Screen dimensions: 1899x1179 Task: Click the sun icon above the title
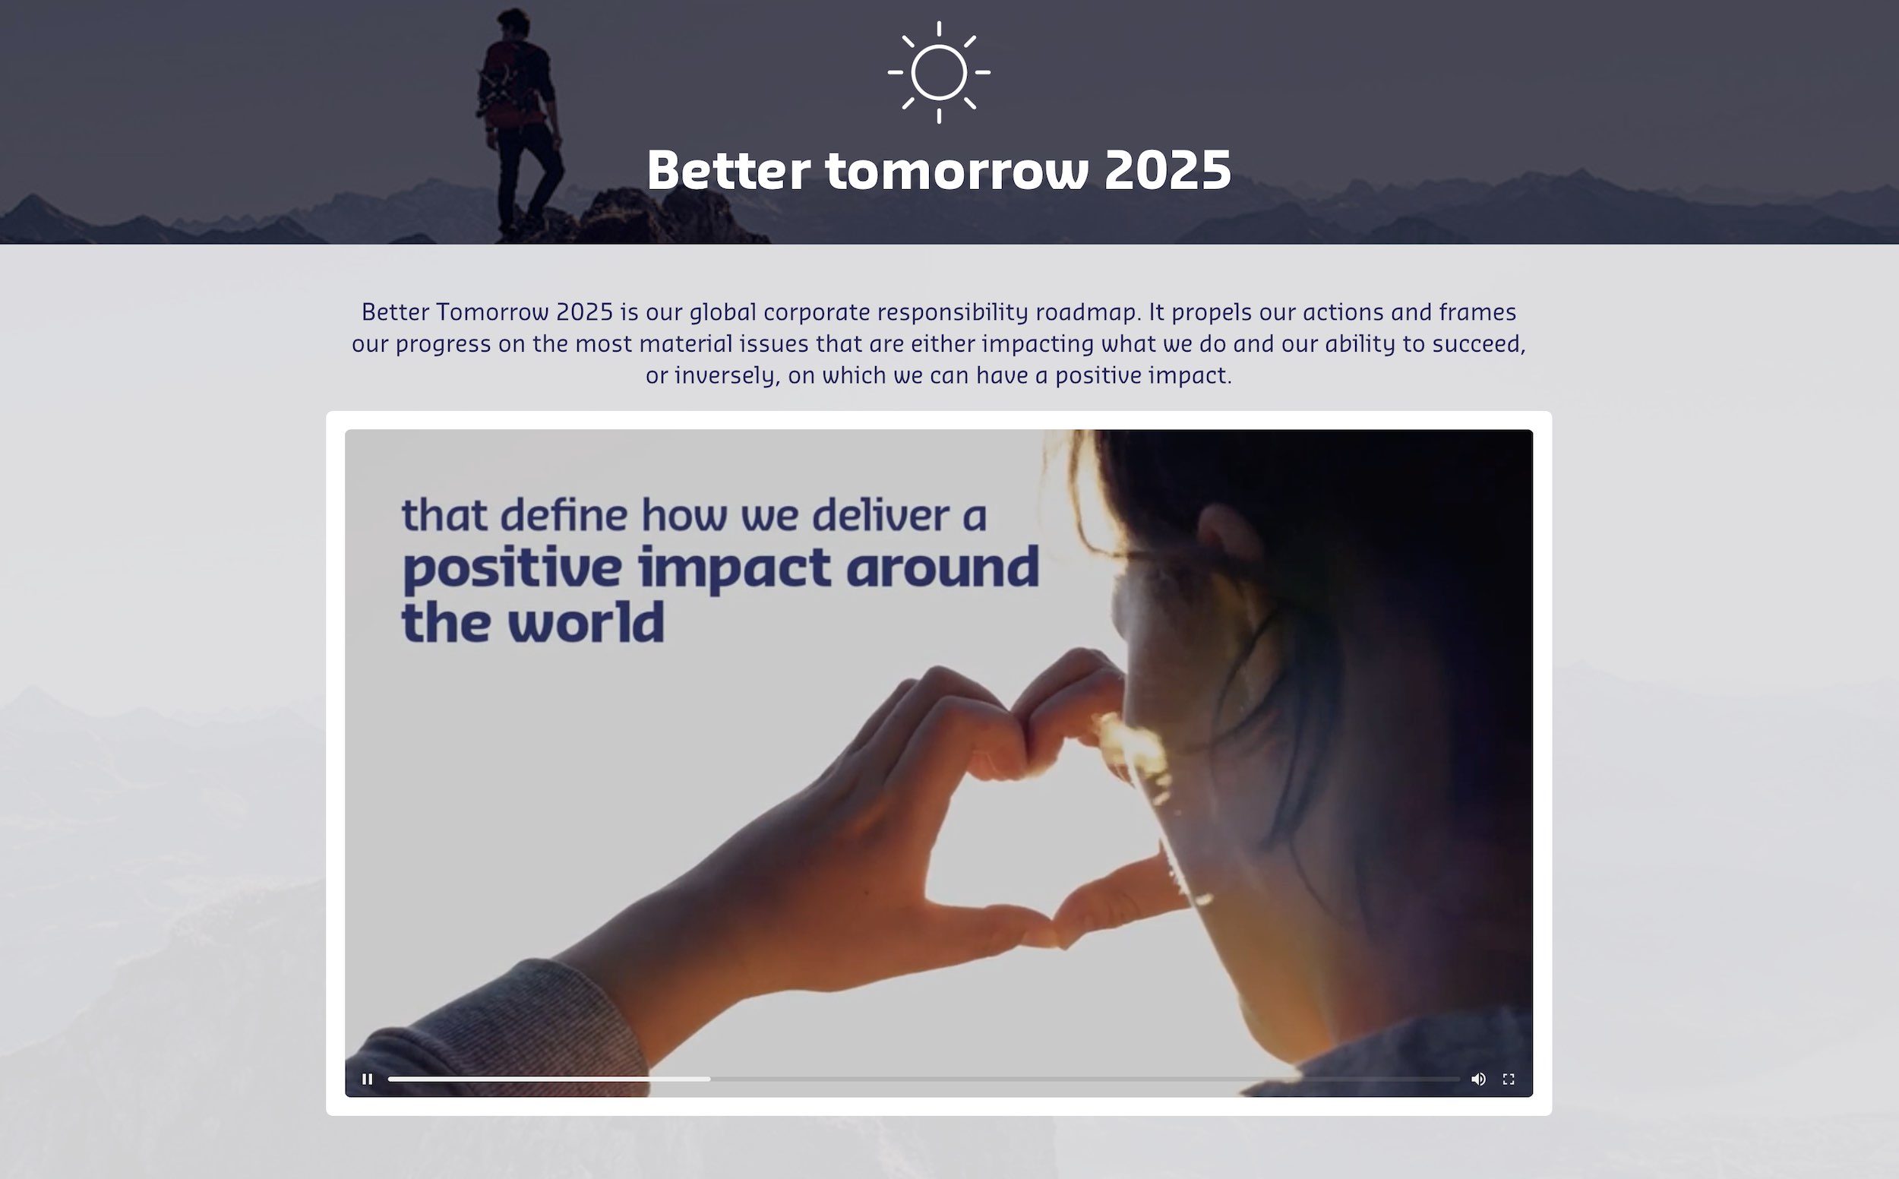click(939, 71)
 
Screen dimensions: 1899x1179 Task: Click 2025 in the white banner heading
click(1168, 170)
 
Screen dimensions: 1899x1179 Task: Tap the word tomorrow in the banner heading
click(956, 170)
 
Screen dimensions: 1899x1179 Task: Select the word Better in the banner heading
click(728, 170)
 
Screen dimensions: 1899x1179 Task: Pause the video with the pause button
click(367, 1079)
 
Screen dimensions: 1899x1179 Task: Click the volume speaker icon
click(1478, 1079)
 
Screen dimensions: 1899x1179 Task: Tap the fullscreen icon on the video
click(1509, 1079)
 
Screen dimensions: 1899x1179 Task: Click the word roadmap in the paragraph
click(1089, 312)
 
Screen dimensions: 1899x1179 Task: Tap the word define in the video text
click(564, 514)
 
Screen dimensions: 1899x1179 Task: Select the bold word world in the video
click(586, 622)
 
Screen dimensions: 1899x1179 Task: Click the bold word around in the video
click(943, 567)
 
